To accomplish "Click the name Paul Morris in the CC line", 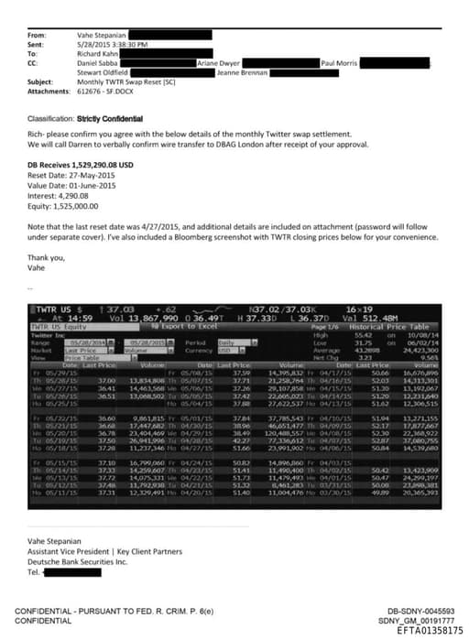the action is tap(338, 61).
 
